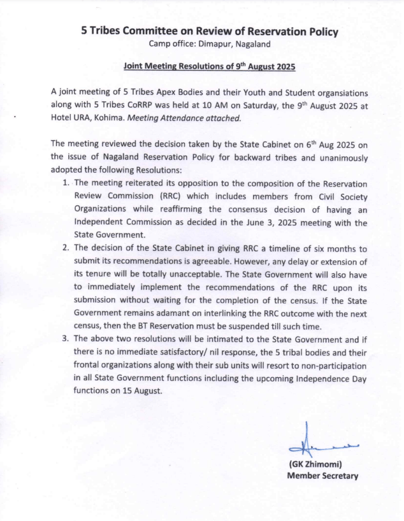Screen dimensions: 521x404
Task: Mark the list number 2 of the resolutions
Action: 66,248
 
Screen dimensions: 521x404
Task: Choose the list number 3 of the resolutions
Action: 66,339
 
